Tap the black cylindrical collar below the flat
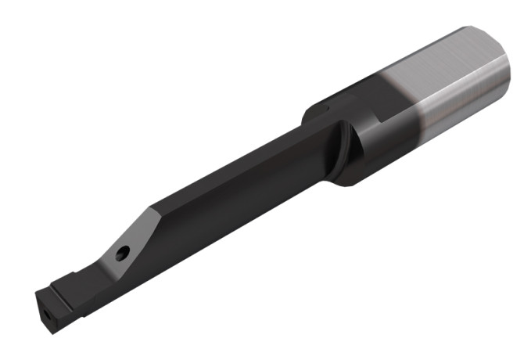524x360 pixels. pyautogui.click(x=375, y=153)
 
